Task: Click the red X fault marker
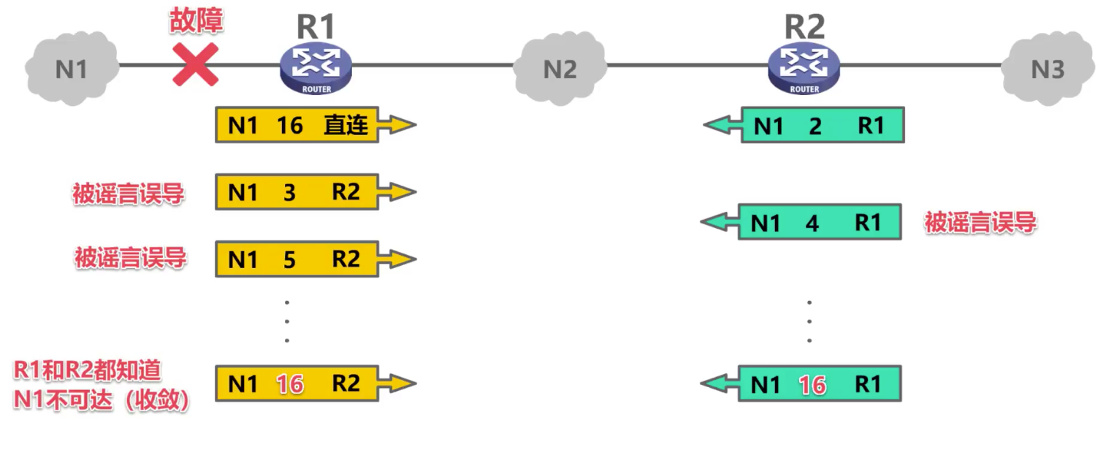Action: (196, 65)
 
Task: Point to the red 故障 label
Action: (196, 21)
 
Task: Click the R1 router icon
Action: (316, 68)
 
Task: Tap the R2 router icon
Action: (804, 68)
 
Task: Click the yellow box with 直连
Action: (297, 126)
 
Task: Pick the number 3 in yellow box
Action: (289, 193)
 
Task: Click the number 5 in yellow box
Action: (289, 259)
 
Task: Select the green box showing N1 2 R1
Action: (822, 126)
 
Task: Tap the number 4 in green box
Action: (812, 223)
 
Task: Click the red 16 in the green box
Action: (812, 384)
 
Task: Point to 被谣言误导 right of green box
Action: (980, 223)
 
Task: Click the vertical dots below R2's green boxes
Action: (809, 321)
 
